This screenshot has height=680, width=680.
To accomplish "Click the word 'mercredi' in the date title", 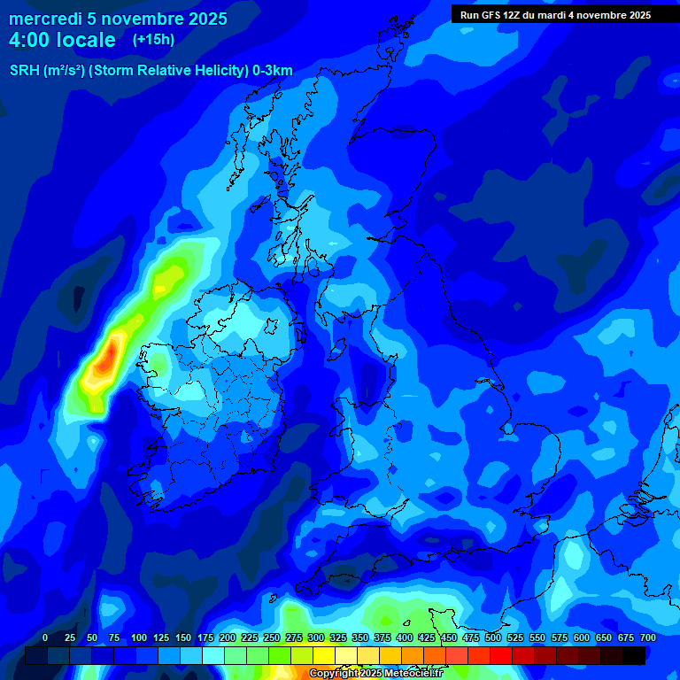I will pos(45,19).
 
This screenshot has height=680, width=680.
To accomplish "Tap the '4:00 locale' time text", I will pos(62,40).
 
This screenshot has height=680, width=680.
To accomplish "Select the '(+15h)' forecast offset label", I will pos(153,40).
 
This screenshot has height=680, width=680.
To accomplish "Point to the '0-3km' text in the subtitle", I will pos(273,71).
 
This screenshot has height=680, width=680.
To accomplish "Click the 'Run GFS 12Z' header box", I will pos(555,14).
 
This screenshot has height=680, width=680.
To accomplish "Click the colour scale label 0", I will pos(45,637).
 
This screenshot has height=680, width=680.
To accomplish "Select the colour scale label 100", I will pos(139,637).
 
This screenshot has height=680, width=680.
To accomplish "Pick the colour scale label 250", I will pos(272,637).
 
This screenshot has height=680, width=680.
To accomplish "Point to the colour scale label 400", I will pos(405,637).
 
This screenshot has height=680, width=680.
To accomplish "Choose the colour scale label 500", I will pos(493,637).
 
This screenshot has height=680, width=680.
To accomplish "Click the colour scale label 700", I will pos(647,637).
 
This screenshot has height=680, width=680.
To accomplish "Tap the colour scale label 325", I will pos(338,637).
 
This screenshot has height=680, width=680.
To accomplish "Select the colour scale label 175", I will pos(205,637).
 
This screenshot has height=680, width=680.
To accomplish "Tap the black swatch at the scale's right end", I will pos(633,655).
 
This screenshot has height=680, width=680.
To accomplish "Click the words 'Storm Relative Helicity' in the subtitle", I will pos(174,71).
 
